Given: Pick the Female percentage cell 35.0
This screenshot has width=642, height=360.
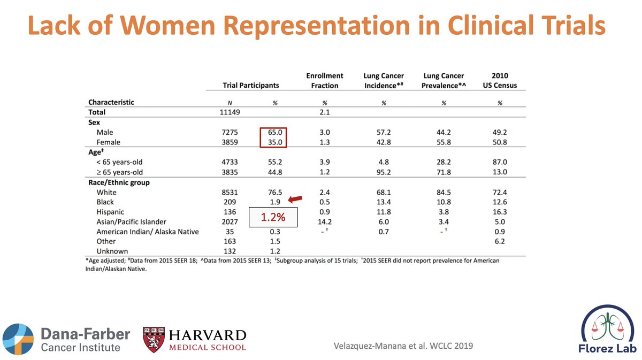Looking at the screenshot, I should tap(274, 142).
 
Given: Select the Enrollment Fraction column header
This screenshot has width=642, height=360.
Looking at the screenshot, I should tap(324, 80).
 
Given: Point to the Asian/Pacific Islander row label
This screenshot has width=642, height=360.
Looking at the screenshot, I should tap(132, 222).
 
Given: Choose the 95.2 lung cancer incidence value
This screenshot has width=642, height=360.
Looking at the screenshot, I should tap(384, 172).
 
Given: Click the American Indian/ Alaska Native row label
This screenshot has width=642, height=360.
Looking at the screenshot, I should tap(147, 232).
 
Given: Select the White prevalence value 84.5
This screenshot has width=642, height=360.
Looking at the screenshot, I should tap(443, 192).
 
